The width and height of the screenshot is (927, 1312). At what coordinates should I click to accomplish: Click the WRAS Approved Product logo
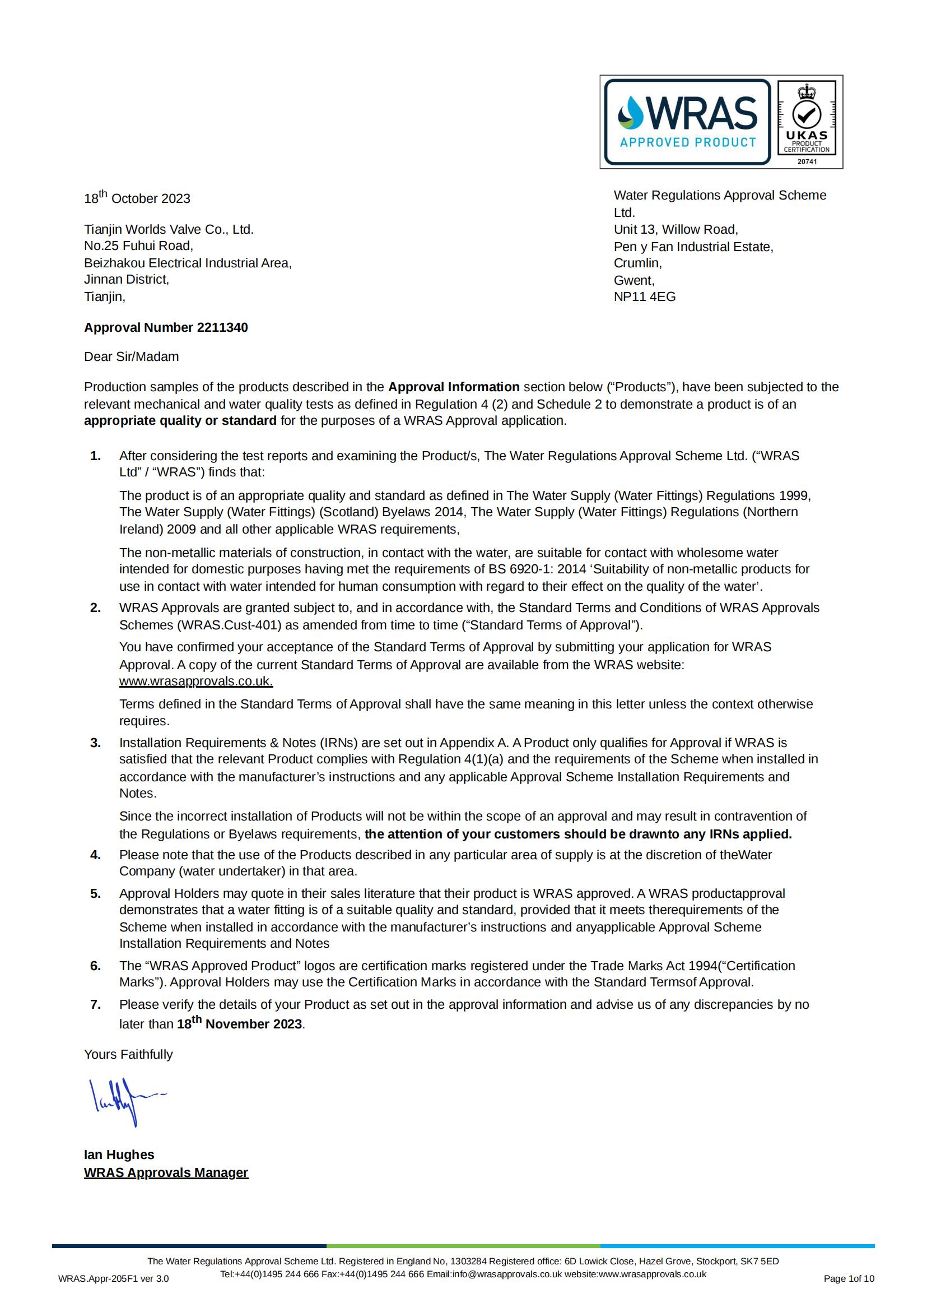tap(687, 122)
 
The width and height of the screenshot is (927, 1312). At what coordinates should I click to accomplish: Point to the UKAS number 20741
tap(807, 162)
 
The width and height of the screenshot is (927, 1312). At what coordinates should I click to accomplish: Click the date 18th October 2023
tap(137, 198)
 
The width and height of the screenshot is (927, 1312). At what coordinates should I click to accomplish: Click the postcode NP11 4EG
tap(644, 296)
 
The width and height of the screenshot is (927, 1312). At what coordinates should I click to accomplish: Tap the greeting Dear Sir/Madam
tap(132, 356)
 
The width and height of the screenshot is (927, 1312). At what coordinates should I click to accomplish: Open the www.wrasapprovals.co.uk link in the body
tap(196, 681)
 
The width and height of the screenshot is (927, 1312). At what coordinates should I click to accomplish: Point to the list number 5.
tap(95, 894)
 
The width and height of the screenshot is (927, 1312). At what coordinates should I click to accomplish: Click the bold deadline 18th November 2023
tap(239, 1023)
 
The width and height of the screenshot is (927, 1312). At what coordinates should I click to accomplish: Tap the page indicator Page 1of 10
tap(848, 1279)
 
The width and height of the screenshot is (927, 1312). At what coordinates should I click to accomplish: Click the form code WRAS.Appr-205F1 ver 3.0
tap(113, 1279)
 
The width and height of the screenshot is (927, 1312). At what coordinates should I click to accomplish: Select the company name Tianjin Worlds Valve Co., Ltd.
tap(169, 229)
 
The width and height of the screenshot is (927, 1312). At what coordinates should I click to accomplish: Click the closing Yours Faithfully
tap(128, 1054)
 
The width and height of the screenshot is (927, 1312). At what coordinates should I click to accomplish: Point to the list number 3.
tap(95, 743)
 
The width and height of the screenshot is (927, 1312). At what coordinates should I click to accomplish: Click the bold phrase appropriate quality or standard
tap(180, 420)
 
